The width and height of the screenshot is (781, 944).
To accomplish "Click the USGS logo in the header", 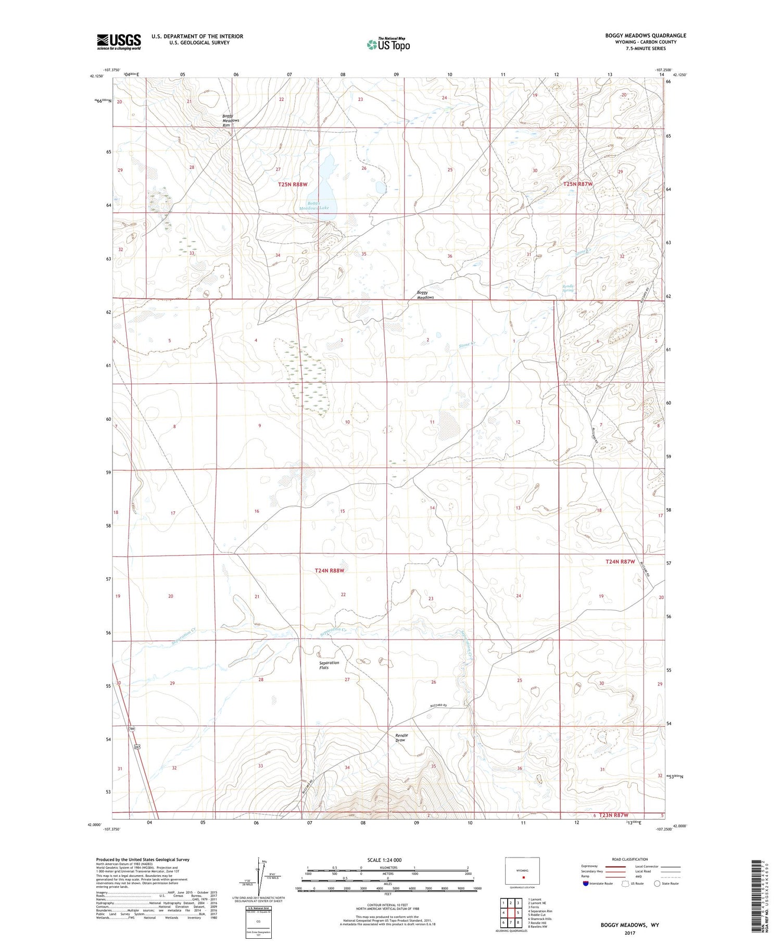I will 119,42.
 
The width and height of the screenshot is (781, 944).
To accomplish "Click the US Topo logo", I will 388,45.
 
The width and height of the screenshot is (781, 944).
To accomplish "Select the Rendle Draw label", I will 401,737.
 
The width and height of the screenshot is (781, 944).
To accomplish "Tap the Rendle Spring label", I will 568,288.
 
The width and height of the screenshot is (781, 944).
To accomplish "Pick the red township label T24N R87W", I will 620,561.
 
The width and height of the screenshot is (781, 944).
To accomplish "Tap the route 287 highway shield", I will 137,747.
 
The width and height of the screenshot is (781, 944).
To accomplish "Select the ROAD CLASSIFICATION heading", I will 629,859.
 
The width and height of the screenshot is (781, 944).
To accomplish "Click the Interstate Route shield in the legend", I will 586,883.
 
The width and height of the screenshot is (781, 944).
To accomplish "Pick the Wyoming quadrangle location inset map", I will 522,871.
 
